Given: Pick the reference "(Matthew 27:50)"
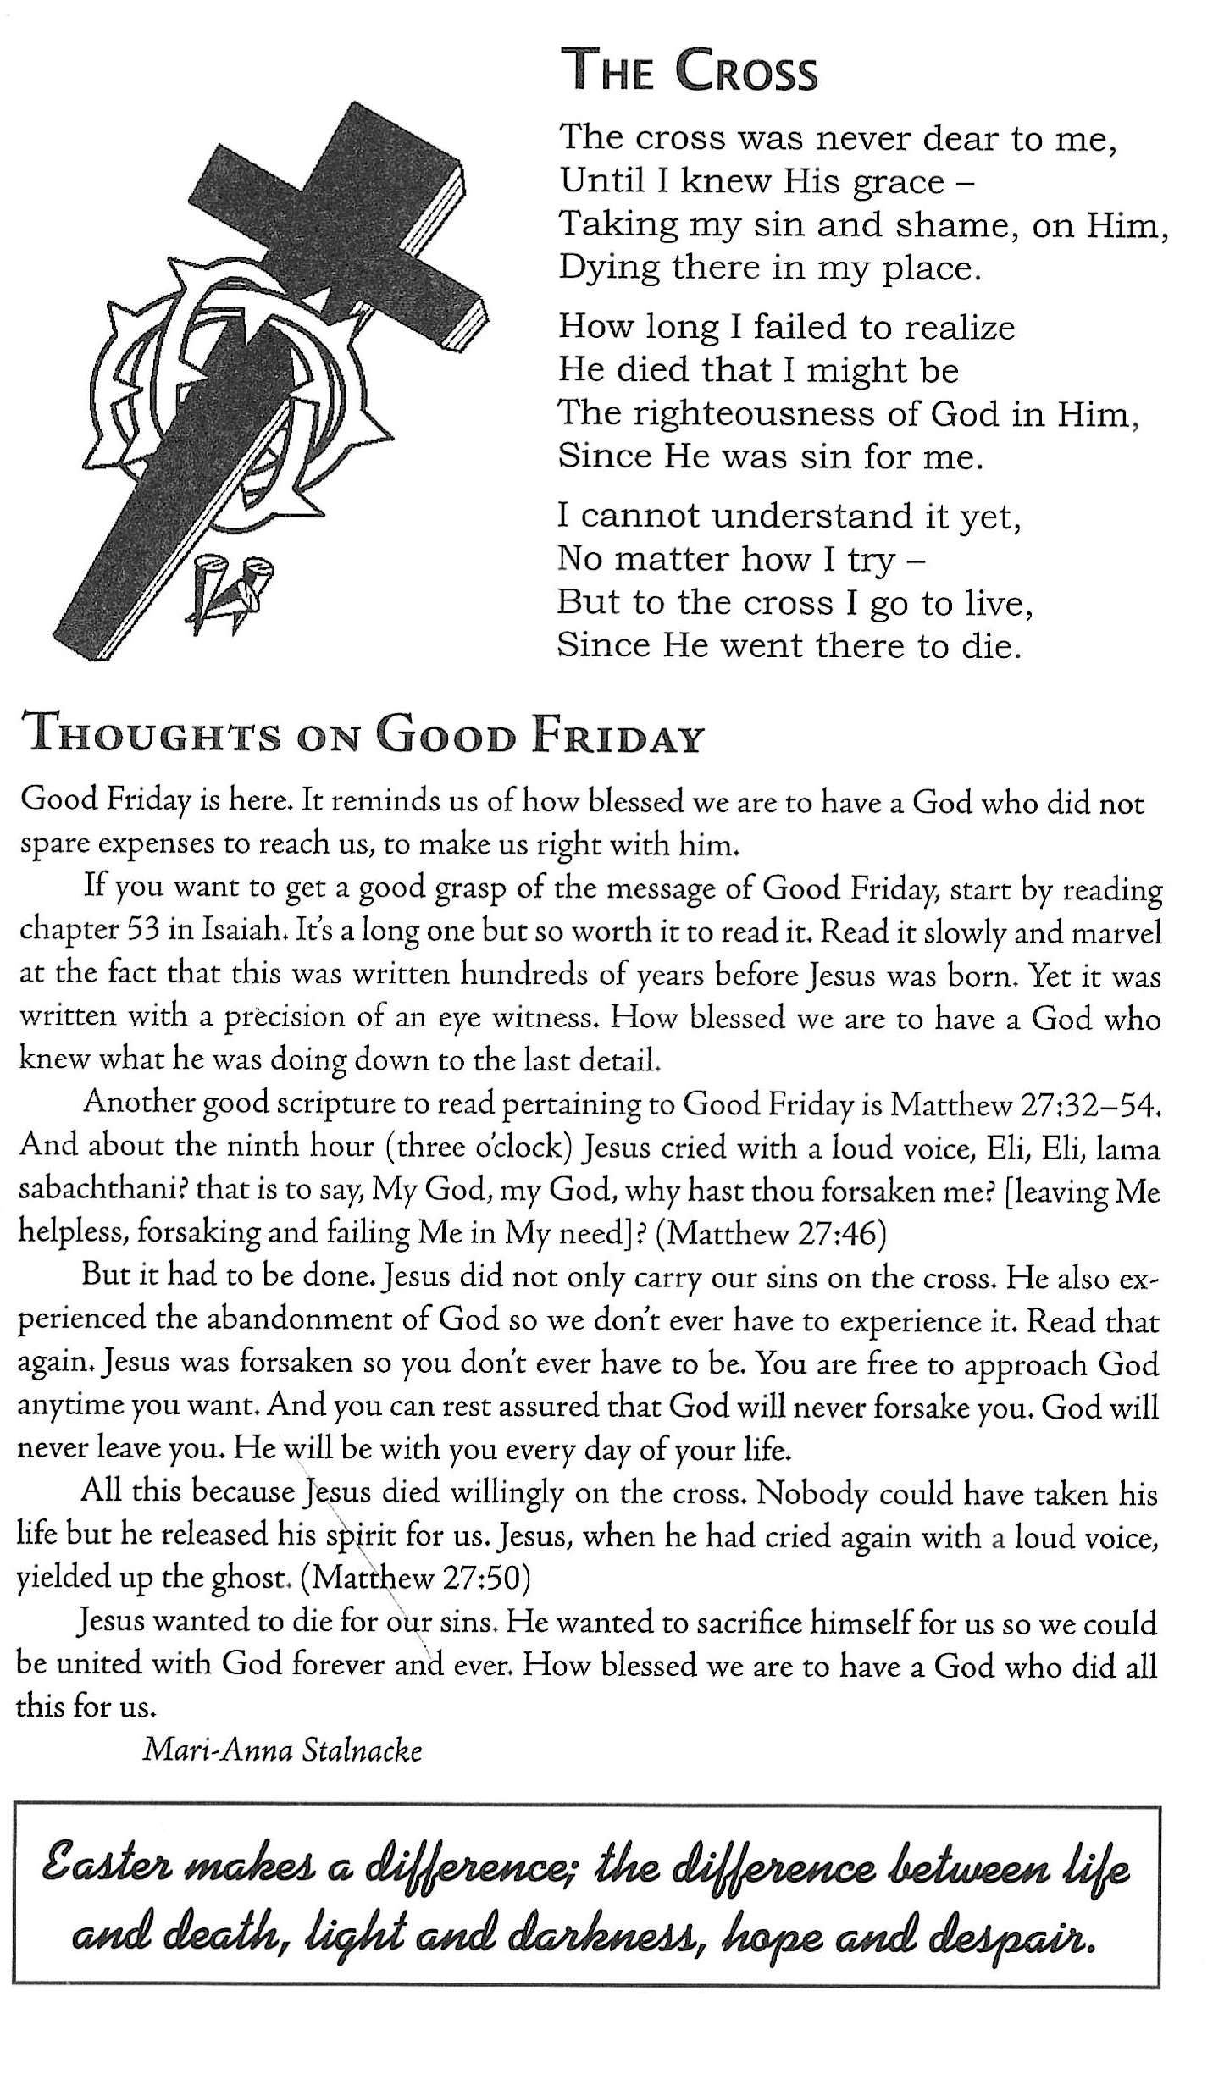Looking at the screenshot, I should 416,1577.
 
